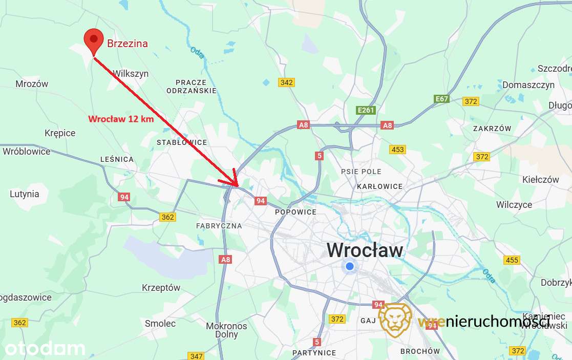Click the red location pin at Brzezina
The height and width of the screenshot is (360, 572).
tap(93, 39)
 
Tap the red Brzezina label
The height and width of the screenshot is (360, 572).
tap(128, 44)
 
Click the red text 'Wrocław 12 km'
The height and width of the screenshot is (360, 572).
tap(121, 119)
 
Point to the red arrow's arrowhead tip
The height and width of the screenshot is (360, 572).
tap(237, 185)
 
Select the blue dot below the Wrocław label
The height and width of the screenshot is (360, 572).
tap(350, 266)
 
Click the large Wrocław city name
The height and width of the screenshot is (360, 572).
tap(365, 250)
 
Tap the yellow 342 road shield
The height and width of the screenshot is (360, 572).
tap(286, 82)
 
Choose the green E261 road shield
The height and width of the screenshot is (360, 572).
tap(367, 110)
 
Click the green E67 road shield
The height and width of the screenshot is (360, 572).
tap(441, 99)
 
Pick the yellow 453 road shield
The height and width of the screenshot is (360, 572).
tap(397, 150)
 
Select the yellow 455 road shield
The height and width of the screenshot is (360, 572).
tap(512, 260)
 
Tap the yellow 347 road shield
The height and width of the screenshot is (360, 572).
tap(196, 356)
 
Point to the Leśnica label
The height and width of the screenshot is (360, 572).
tap(117, 159)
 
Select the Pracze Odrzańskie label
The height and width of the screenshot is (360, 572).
tap(191, 86)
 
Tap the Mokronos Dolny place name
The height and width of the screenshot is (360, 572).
tap(226, 330)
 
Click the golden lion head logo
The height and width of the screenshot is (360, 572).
tap(395, 320)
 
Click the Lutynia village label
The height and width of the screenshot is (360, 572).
tap(24, 194)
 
